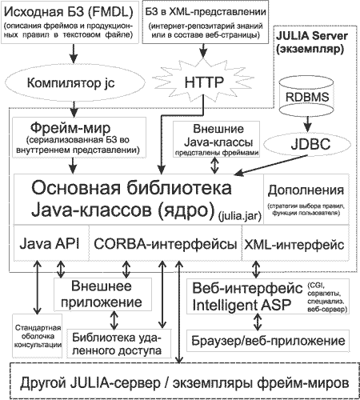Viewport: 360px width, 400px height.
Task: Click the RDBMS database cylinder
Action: click(x=306, y=95)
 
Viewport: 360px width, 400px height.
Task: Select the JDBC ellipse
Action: click(x=307, y=144)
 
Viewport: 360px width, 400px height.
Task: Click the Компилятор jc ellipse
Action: click(x=74, y=83)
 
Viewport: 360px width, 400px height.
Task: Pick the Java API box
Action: click(x=51, y=243)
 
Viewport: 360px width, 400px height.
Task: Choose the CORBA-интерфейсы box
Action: click(x=166, y=243)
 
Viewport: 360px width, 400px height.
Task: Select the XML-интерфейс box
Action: click(x=295, y=243)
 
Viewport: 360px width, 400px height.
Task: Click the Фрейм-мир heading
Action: click(x=70, y=128)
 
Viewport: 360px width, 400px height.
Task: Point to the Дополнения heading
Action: click(x=306, y=190)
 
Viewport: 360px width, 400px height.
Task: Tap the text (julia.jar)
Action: click(x=239, y=216)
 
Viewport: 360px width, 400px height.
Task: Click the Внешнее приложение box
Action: click(x=102, y=294)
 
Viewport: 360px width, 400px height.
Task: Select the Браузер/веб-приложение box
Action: click(x=268, y=341)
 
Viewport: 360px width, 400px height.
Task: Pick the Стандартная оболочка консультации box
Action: click(x=38, y=336)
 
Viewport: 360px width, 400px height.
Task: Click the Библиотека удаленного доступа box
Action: click(x=118, y=343)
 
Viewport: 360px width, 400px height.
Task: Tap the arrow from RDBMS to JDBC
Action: click(x=308, y=123)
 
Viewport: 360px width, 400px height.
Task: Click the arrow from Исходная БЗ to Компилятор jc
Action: click(x=74, y=54)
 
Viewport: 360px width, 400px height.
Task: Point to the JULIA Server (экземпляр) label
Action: click(x=312, y=42)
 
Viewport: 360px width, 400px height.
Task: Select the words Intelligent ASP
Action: click(x=242, y=305)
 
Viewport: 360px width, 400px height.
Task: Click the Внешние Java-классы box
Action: click(x=216, y=139)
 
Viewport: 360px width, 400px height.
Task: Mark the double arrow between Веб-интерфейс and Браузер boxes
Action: click(x=258, y=322)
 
